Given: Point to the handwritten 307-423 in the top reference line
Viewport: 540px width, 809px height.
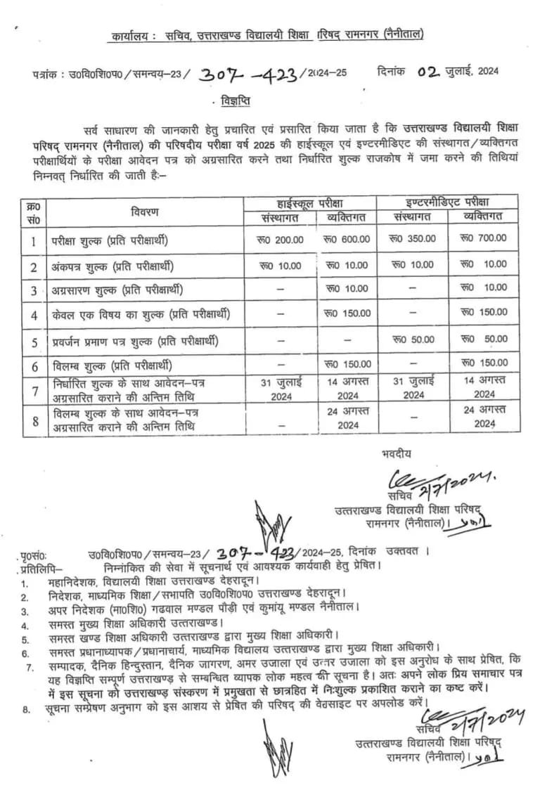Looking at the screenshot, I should tap(249, 74).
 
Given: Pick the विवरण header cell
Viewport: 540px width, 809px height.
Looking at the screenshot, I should tap(145, 211).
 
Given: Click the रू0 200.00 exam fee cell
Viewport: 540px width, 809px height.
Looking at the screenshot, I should tap(281, 239).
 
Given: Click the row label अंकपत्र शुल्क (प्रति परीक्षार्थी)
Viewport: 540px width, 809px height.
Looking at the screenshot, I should tap(111, 266).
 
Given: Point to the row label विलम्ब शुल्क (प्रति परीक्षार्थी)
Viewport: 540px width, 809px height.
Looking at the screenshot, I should tap(111, 366).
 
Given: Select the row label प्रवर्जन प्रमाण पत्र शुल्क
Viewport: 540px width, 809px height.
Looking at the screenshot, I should tap(134, 341).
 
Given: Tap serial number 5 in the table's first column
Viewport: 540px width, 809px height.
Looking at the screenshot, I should tap(33, 342).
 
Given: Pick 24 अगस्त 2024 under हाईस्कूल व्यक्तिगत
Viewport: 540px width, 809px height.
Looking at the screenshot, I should tap(347, 419).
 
